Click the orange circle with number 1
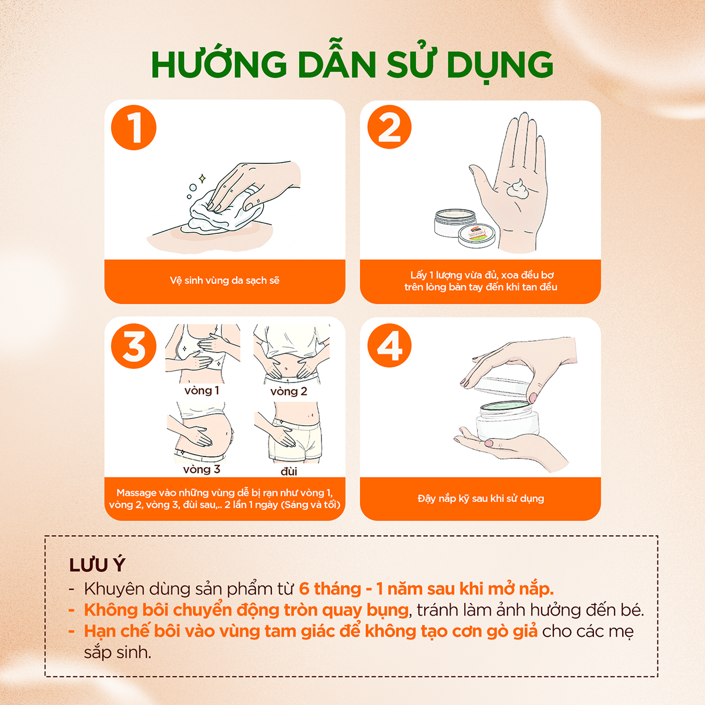tap(134, 127)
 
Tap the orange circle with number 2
tap(390, 127)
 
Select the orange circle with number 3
tap(134, 346)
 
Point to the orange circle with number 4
tap(390, 346)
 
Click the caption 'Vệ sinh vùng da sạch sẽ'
tap(224, 280)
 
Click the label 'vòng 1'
tap(202, 391)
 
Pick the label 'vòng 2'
tap(288, 391)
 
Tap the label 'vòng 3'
tap(202, 469)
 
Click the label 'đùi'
tap(288, 471)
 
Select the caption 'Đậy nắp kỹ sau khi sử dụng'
tap(481, 498)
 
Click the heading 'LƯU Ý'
tap(98, 565)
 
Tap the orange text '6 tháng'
tap(330, 589)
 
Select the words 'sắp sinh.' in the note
tap(117, 652)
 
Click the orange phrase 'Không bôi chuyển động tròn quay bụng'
tap(246, 610)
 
